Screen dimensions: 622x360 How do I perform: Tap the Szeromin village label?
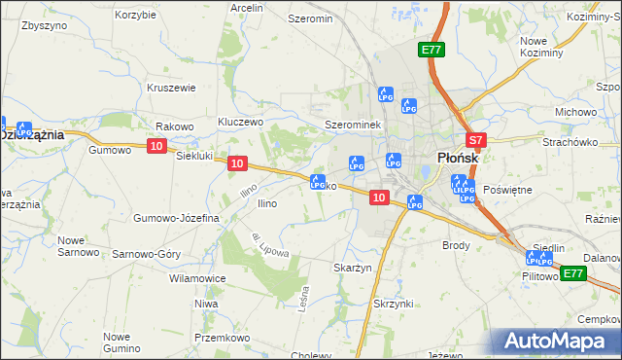[310, 18]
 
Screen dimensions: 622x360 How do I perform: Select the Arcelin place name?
[247, 7]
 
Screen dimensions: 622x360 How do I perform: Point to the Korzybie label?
[135, 15]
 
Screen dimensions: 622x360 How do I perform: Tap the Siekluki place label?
[193, 156]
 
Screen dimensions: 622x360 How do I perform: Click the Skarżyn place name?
[353, 267]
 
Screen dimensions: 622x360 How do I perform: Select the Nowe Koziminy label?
[542, 46]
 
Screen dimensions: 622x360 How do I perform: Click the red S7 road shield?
[475, 140]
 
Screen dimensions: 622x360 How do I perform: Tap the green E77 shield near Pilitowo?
[572, 273]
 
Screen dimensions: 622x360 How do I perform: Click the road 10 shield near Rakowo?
[157, 146]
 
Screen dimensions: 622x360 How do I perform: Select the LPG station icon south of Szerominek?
[357, 163]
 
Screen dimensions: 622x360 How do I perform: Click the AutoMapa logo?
[557, 341]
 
